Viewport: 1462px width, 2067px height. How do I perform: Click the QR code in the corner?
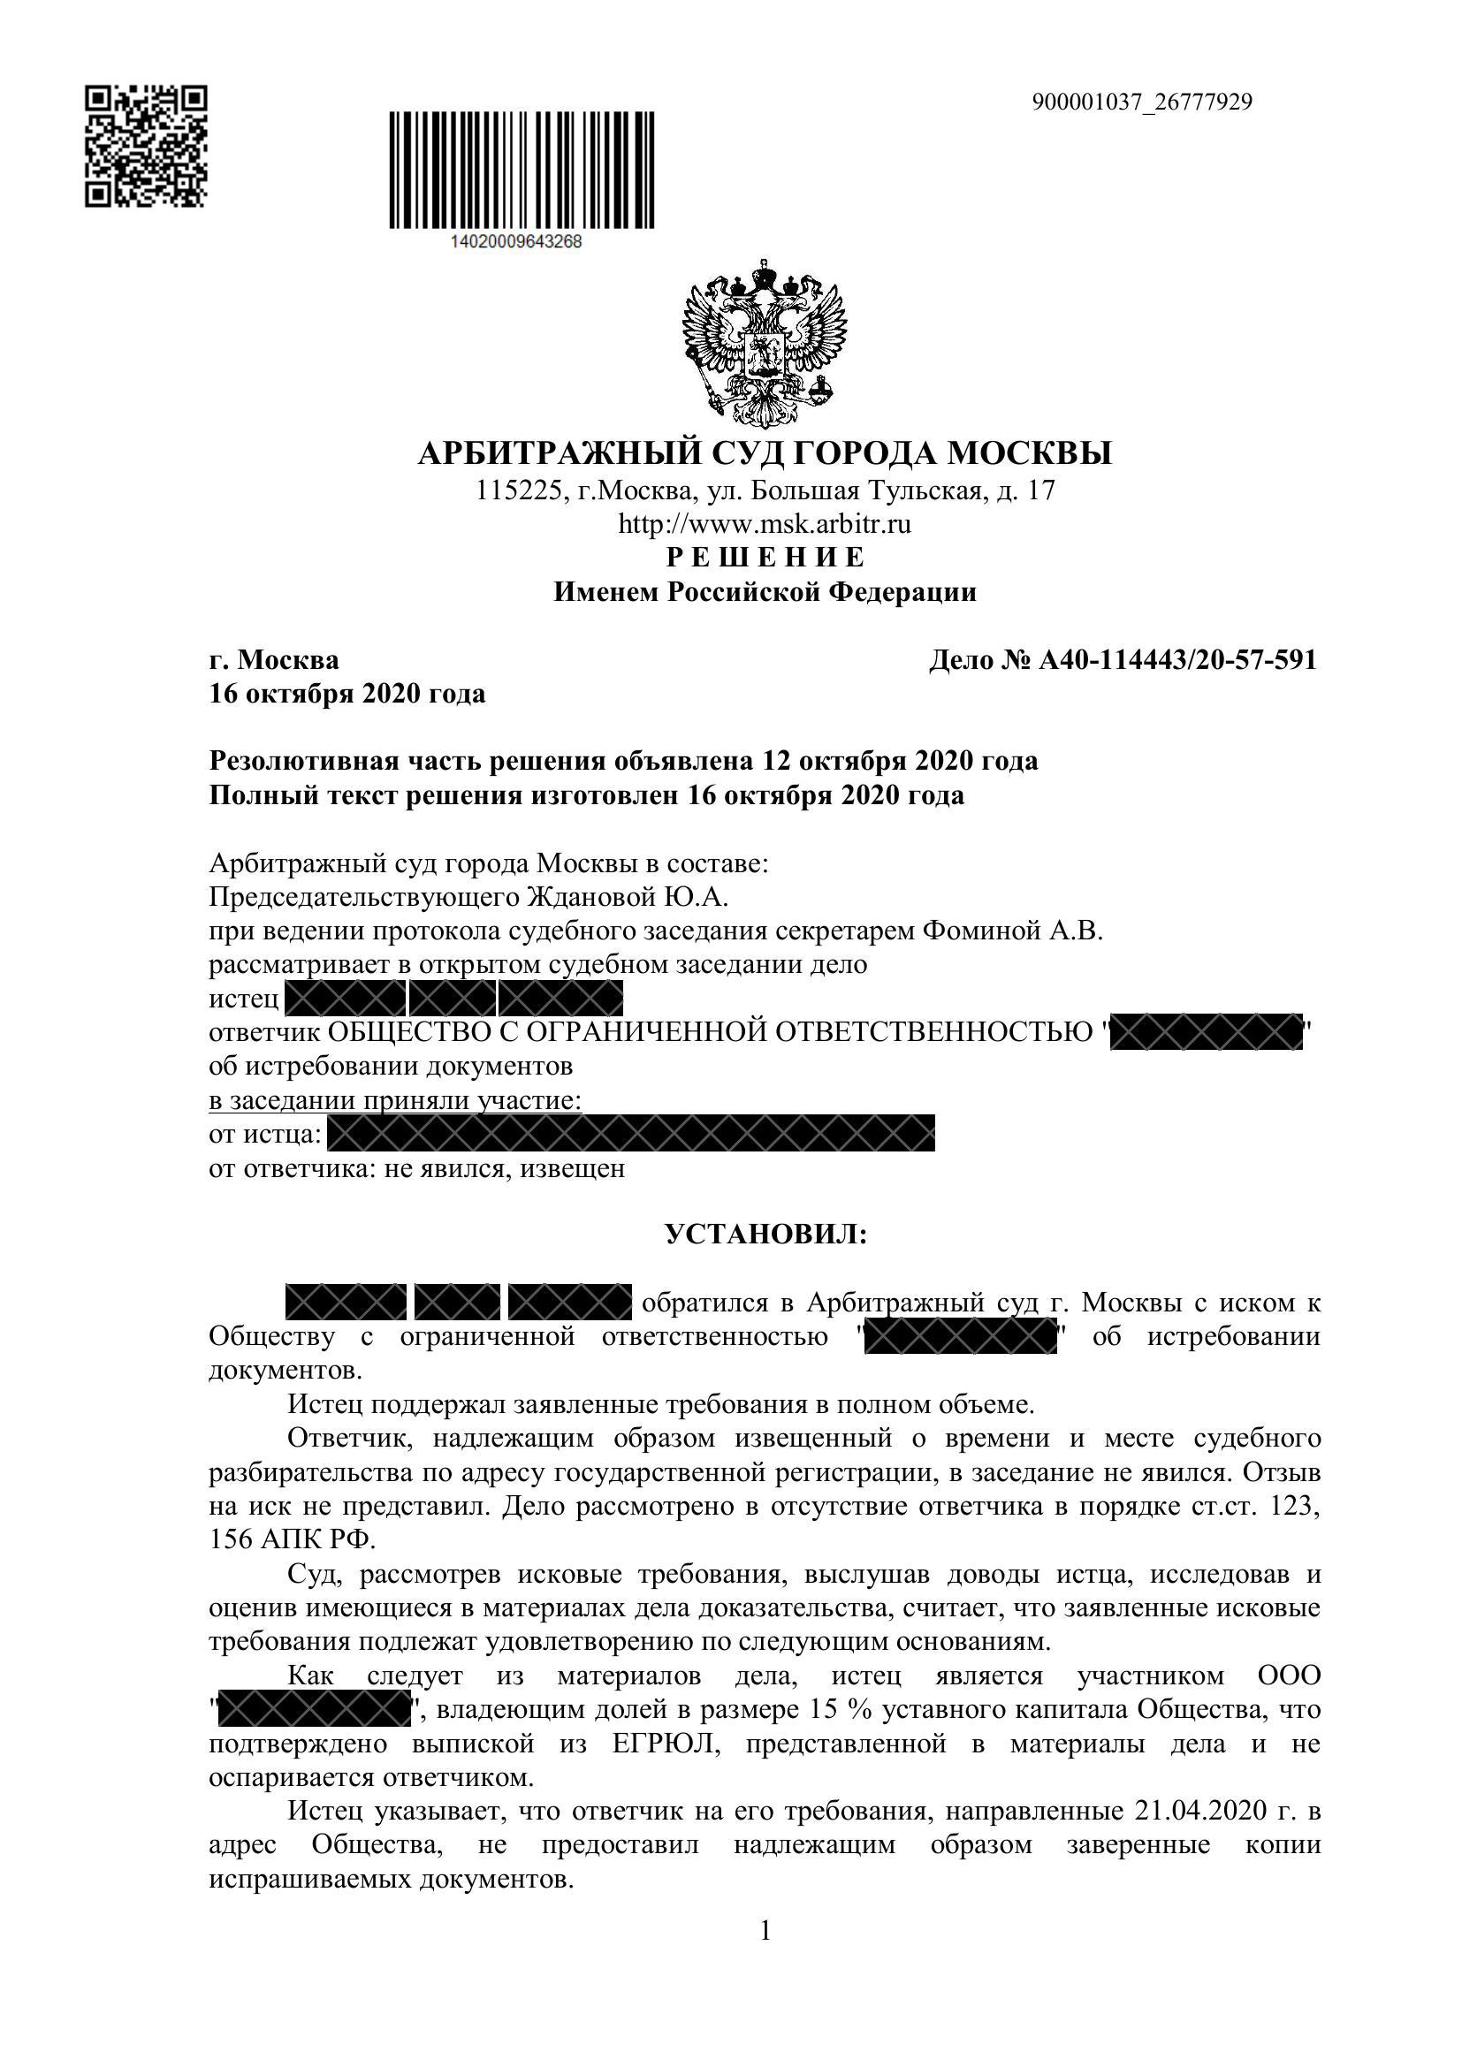click(146, 146)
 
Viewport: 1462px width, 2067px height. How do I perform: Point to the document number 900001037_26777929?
click(1141, 103)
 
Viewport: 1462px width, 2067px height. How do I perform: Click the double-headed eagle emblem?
click(765, 343)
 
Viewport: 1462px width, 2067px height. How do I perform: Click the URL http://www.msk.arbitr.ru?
click(765, 524)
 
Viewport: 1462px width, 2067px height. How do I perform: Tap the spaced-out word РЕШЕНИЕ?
click(765, 558)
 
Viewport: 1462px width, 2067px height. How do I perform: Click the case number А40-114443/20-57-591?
click(1177, 660)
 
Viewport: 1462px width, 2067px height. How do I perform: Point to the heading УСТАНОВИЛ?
click(765, 1234)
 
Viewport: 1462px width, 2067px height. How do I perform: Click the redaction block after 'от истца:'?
click(630, 1134)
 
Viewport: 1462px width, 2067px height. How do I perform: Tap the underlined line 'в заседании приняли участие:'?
click(395, 1100)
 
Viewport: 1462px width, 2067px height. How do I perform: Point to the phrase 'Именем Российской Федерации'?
click(765, 592)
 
